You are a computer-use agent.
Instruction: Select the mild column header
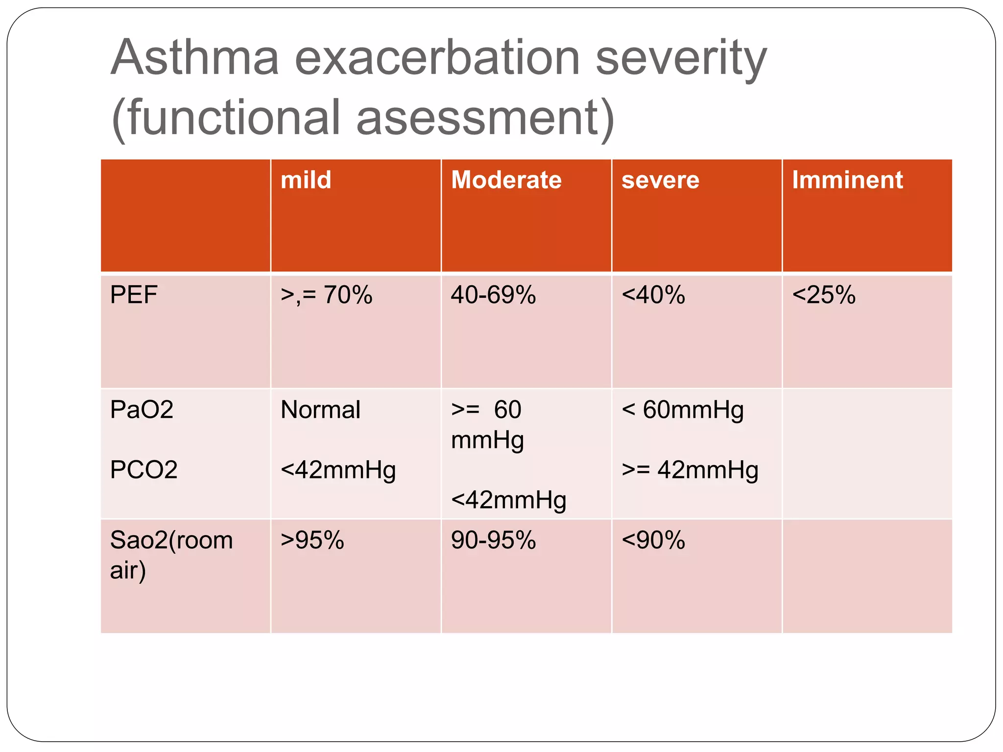pos(306,180)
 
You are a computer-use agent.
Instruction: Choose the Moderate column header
pos(506,180)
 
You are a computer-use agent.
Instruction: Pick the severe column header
pos(660,180)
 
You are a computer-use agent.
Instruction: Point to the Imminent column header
pos(847,180)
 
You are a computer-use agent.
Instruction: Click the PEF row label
pos(133,295)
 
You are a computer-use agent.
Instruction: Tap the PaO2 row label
pos(142,409)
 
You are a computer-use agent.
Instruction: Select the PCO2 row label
pos(143,470)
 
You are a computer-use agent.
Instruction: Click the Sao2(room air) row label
pos(171,555)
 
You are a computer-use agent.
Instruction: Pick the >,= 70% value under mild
pos(326,295)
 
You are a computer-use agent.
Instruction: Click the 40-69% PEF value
pos(493,295)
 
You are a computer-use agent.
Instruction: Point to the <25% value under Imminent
pos(823,295)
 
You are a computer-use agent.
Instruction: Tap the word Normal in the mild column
pos(320,409)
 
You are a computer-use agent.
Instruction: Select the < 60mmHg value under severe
pos(682,410)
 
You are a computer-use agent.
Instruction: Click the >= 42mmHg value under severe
pos(690,470)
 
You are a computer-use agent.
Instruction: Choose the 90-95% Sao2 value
pos(493,540)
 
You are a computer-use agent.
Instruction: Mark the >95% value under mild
pos(312,540)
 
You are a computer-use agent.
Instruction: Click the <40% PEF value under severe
pos(653,295)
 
